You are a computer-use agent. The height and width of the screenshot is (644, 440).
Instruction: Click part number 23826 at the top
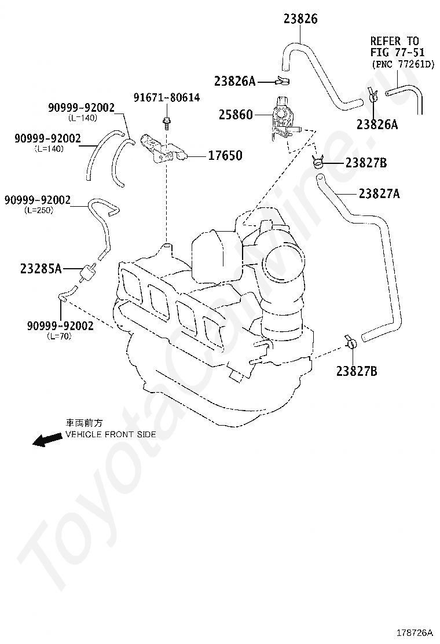tap(300, 19)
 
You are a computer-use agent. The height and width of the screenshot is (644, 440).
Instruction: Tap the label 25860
tap(236, 115)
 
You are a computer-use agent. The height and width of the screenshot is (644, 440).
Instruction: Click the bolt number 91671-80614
tap(167, 97)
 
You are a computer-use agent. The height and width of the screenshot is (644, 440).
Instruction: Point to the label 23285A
tap(41, 269)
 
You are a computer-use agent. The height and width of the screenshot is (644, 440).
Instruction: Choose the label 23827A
tap(379, 193)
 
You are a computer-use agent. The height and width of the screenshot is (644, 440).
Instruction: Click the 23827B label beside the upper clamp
tap(366, 163)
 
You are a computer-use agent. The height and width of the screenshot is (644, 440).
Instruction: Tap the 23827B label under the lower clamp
tap(357, 371)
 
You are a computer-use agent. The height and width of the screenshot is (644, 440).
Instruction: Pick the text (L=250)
tap(39, 210)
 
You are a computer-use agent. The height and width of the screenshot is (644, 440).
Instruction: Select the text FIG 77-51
tap(394, 52)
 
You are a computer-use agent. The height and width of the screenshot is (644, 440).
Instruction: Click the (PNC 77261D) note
tap(402, 64)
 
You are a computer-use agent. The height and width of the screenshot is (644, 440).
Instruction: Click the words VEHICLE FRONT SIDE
tap(111, 434)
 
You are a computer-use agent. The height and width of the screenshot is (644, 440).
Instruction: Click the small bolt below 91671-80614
tap(167, 122)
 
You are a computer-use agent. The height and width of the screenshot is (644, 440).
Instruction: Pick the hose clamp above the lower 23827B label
tap(351, 342)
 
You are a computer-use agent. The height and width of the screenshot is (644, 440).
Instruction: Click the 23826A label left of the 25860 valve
tap(234, 82)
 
